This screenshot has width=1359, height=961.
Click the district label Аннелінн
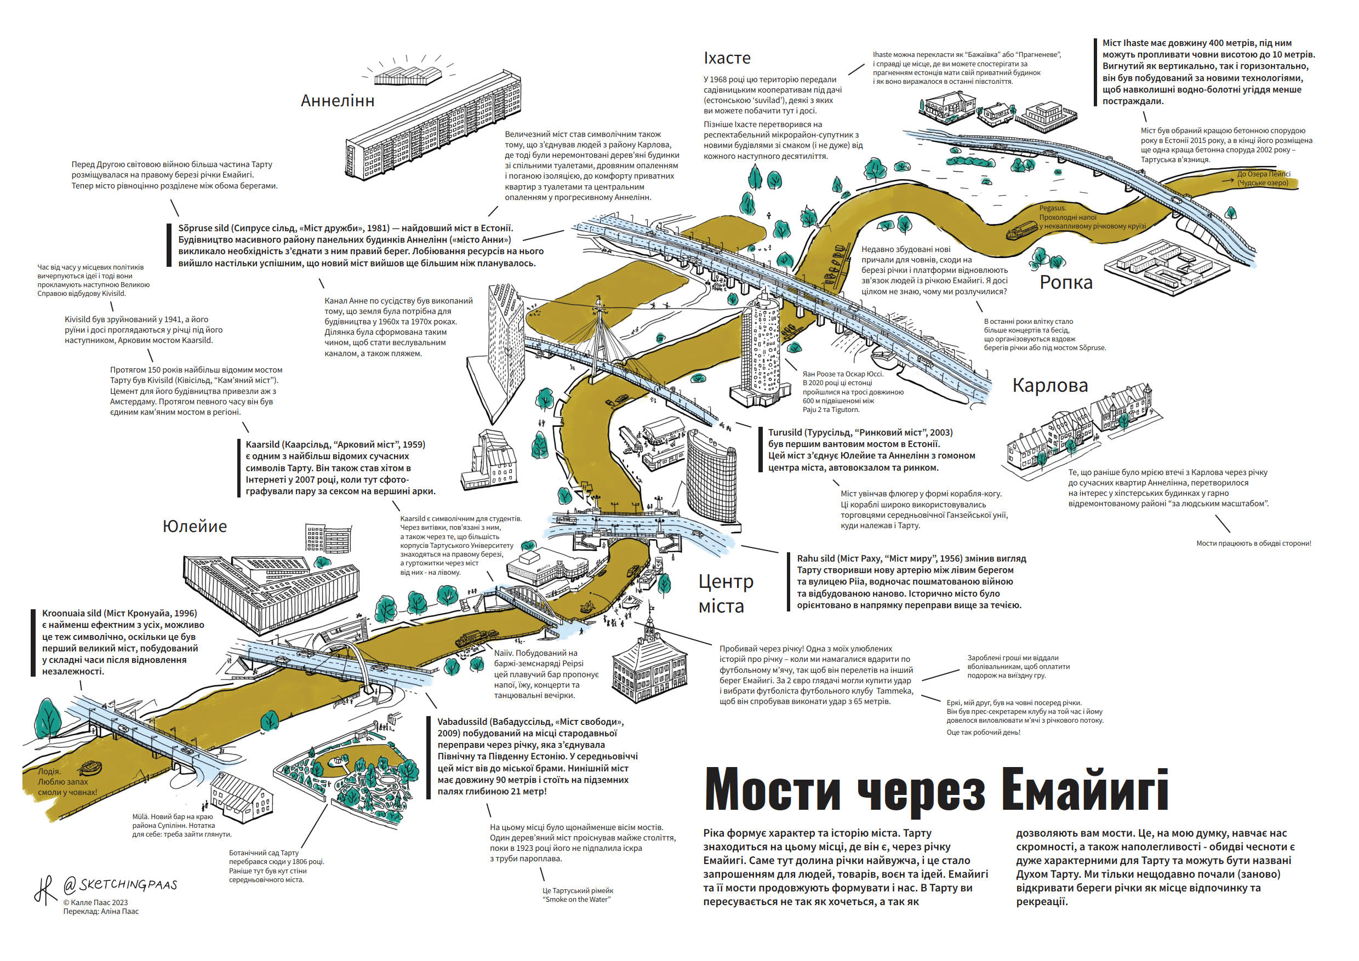point(338,101)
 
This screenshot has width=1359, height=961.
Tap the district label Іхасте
point(727,58)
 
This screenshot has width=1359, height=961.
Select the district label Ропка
point(1066,282)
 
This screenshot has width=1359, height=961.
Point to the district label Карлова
point(1050,385)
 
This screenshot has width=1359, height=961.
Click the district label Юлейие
point(195,526)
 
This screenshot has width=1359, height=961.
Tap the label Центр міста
point(725,593)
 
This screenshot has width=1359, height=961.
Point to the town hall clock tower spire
point(650,621)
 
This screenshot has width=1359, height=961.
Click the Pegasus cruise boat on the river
point(1020,231)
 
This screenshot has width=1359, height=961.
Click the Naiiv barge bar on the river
point(471,638)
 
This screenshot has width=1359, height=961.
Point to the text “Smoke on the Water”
point(577,900)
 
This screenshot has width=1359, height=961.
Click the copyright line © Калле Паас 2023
point(95,902)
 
